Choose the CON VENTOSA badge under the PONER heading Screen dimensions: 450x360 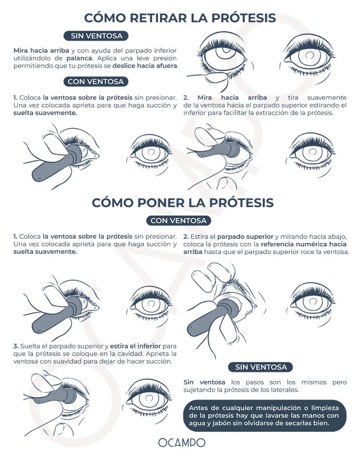point(178,221)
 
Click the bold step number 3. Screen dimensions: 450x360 point(15,345)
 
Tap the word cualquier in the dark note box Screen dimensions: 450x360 point(227,407)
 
